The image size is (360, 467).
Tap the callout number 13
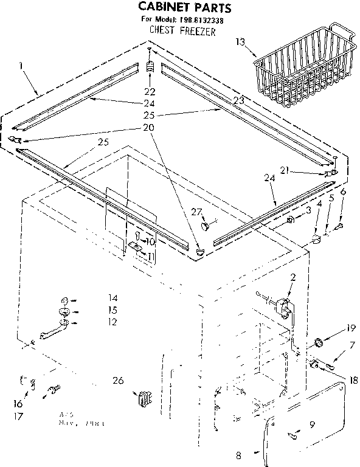tap(241, 42)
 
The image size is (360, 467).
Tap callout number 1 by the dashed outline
tap(22, 65)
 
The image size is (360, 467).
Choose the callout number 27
tap(195, 212)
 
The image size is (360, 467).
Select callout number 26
tap(118, 381)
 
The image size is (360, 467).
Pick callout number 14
tap(95, 299)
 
